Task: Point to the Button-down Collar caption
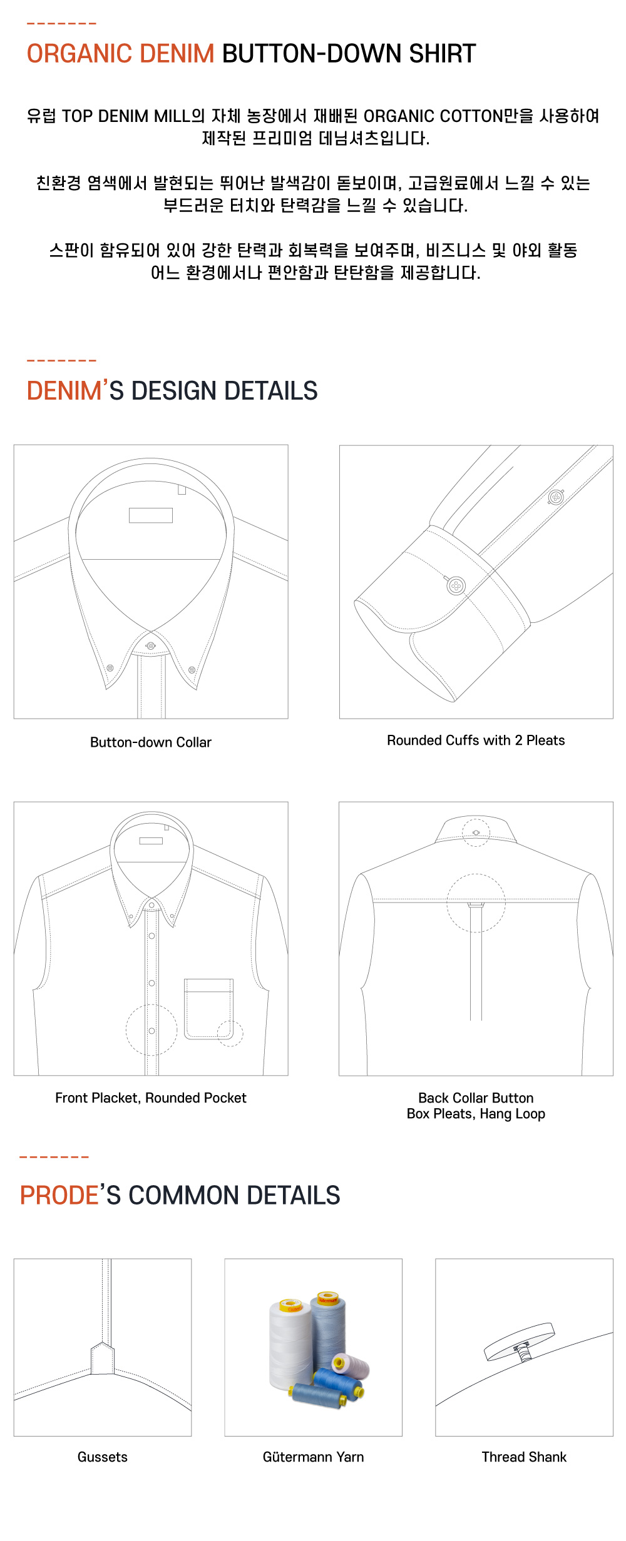(x=151, y=742)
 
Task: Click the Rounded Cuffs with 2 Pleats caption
(x=476, y=740)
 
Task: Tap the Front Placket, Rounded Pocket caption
(x=151, y=1098)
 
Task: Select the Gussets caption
(x=103, y=1457)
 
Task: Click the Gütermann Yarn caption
(x=313, y=1457)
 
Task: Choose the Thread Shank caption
(x=524, y=1457)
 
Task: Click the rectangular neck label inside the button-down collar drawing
(x=151, y=515)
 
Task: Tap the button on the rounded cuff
(x=456, y=586)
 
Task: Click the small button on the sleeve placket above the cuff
(x=556, y=497)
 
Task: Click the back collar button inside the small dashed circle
(x=476, y=832)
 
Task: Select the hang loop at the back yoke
(x=476, y=904)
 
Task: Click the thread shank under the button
(x=523, y=1351)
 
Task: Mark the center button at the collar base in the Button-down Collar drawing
(x=150, y=645)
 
